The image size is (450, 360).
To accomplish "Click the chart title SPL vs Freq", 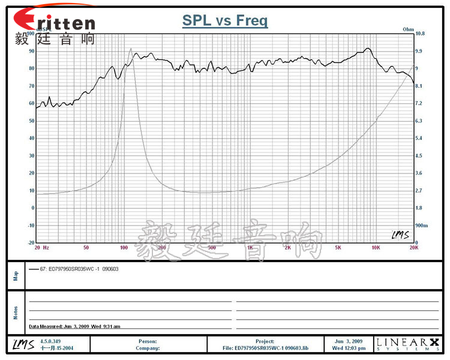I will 225,21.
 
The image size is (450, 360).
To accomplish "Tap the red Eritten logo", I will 54,22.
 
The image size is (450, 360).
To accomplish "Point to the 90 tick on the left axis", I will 32,51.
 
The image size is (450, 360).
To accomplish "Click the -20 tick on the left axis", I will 31,242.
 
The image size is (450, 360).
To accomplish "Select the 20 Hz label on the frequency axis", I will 41,247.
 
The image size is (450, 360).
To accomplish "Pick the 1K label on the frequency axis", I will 250,247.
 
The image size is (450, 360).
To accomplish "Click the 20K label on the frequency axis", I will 413,247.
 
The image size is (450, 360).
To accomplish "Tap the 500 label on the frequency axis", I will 211,247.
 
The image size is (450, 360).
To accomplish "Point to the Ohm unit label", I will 409,29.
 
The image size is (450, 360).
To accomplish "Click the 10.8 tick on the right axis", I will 420,34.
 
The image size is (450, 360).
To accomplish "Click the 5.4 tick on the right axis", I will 419,138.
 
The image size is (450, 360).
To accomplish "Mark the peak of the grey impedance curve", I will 131,49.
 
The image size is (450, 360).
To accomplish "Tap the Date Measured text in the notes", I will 74,326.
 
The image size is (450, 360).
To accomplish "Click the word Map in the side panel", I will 16,276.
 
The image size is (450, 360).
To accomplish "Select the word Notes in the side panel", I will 16,313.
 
